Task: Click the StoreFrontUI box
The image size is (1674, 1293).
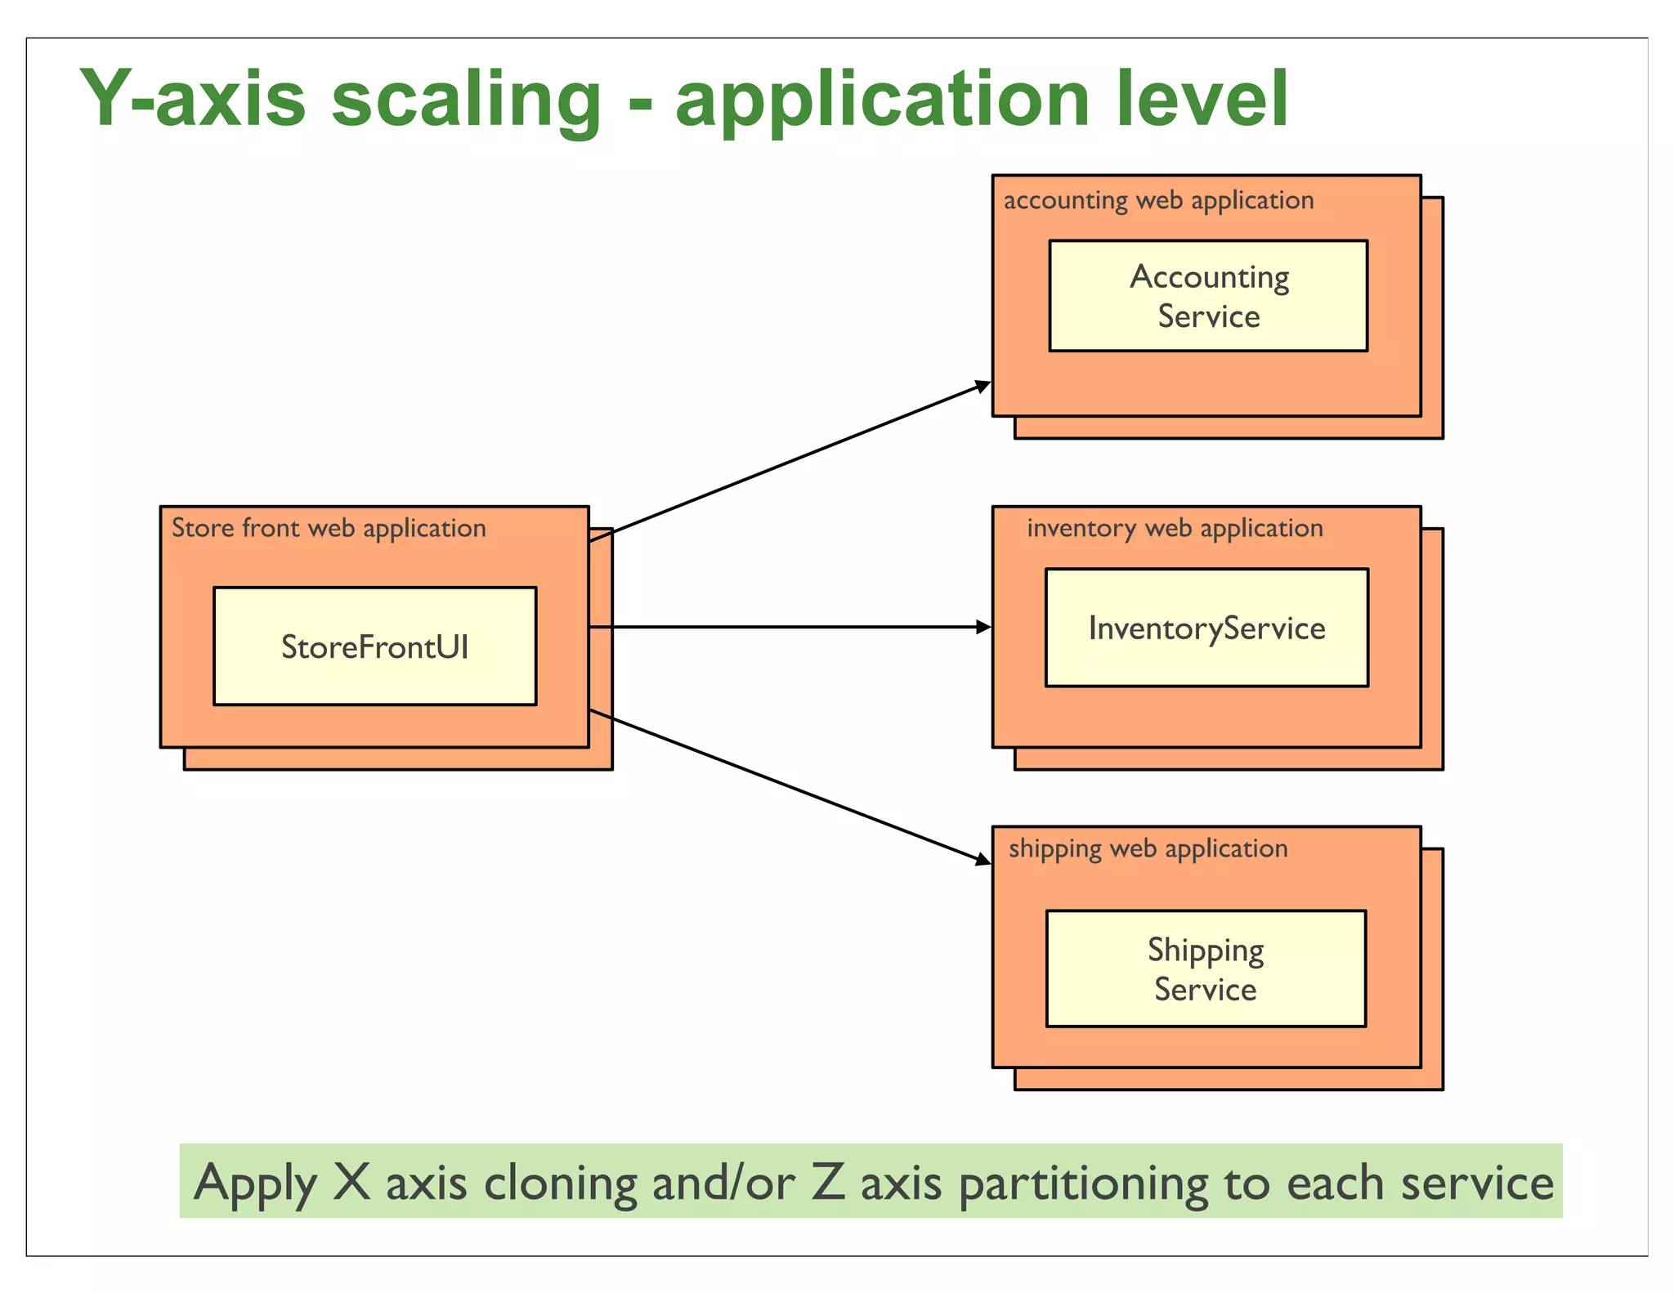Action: click(x=374, y=646)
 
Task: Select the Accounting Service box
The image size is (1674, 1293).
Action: click(x=1208, y=296)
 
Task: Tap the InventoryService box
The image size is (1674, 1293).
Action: click(x=1206, y=628)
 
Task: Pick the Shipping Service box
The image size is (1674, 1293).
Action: click(x=1206, y=969)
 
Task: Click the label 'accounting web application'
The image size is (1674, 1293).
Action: click(x=1158, y=200)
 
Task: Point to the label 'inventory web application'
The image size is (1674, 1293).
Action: click(x=1175, y=528)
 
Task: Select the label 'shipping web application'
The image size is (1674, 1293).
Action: click(x=1148, y=848)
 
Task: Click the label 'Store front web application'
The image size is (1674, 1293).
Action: click(x=329, y=528)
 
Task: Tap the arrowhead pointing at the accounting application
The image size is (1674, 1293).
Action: click(x=984, y=386)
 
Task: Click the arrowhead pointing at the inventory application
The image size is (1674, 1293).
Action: click(x=984, y=627)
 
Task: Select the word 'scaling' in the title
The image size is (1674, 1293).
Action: click(x=466, y=100)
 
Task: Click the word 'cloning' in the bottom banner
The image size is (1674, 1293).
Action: click(x=560, y=1183)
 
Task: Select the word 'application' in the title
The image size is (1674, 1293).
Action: click(x=883, y=100)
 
